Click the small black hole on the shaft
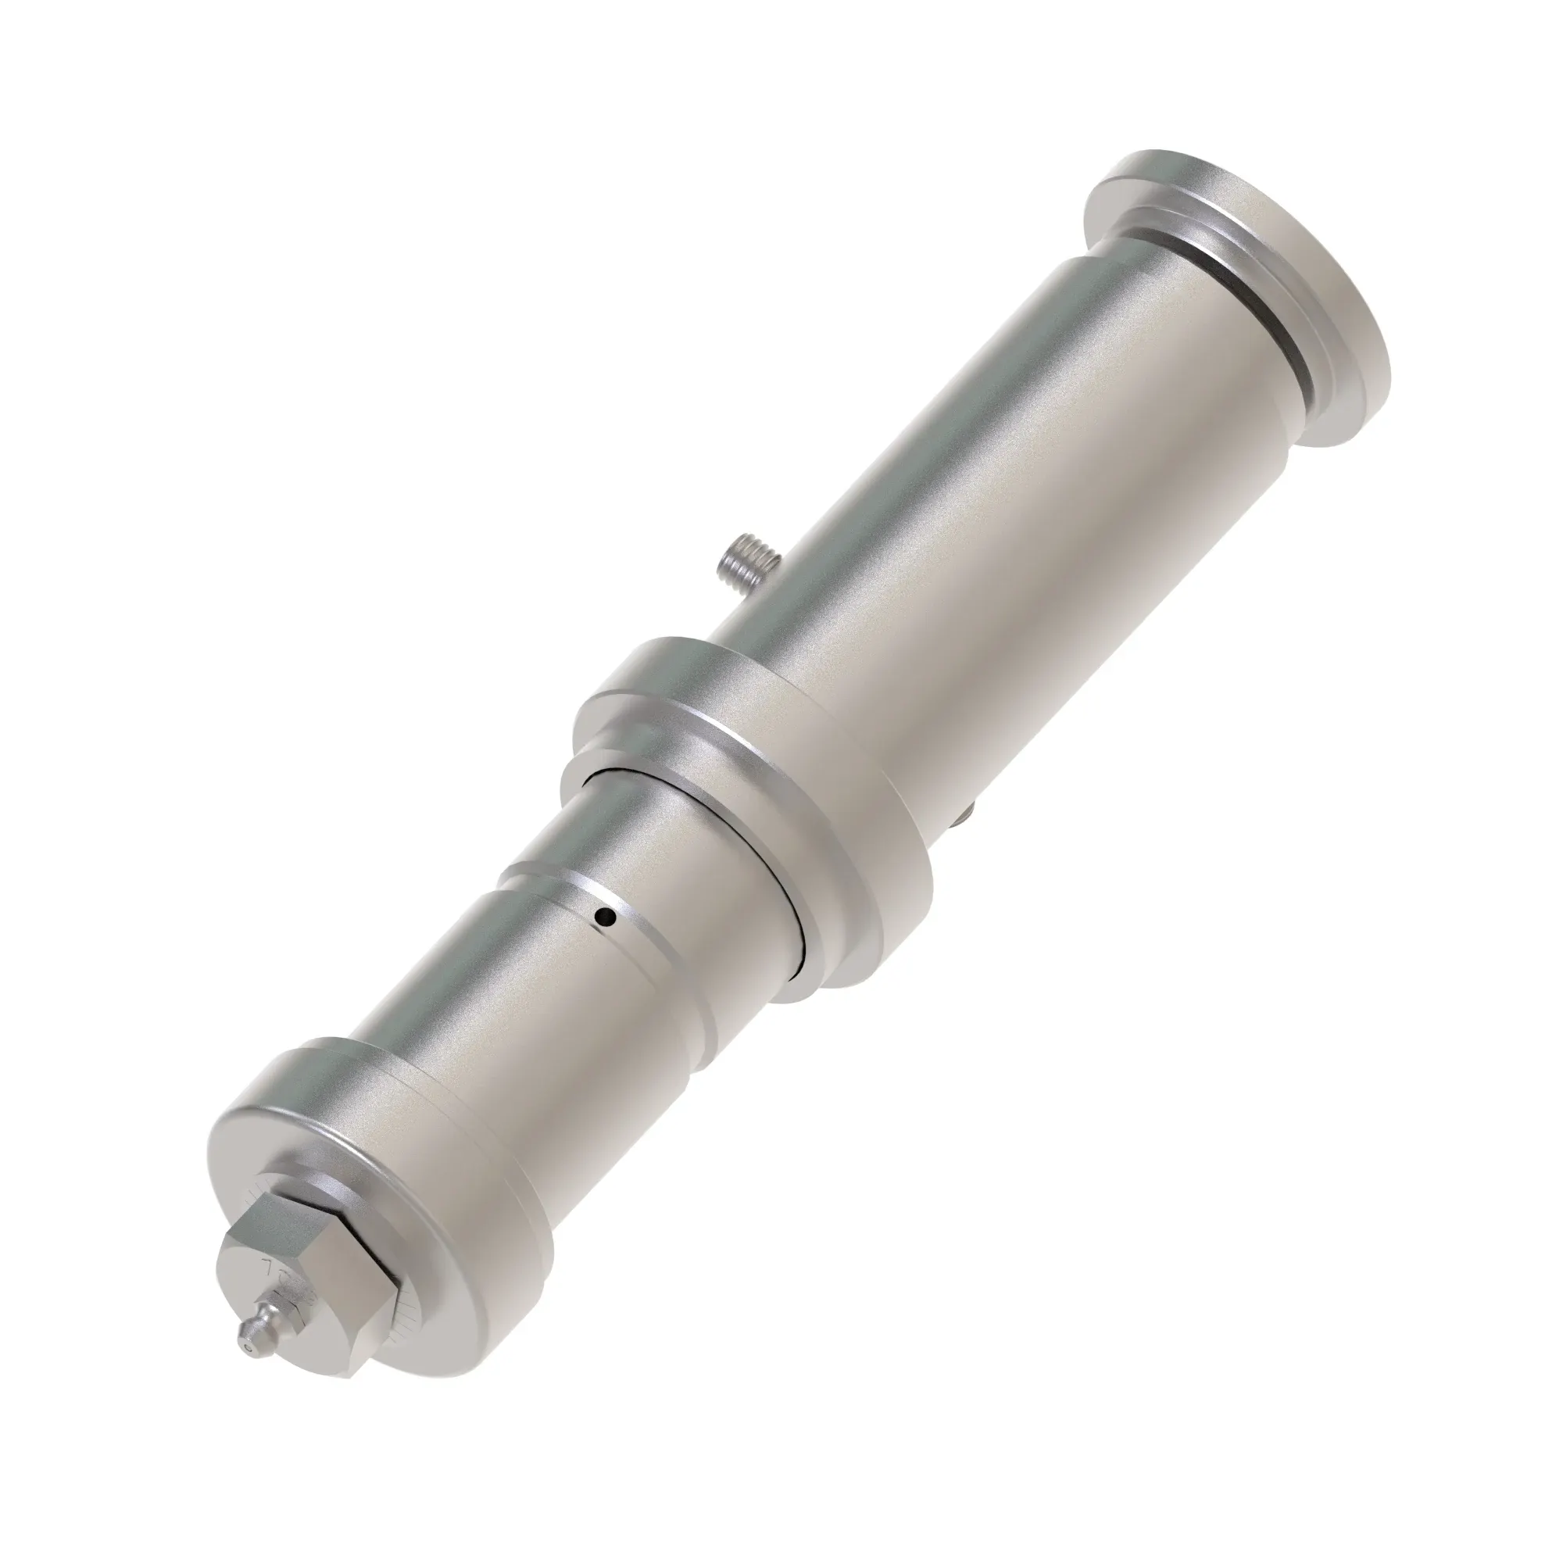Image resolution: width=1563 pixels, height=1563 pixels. [601, 917]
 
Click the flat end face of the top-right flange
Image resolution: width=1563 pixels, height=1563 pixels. [1294, 299]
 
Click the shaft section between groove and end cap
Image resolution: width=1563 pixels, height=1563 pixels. [518, 1019]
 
